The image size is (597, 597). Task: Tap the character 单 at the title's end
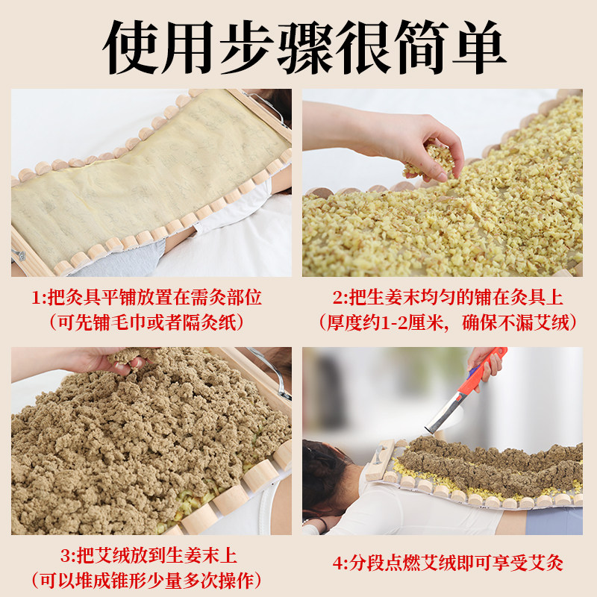479,47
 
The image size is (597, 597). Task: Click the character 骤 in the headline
304,47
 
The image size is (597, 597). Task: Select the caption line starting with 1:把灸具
146,297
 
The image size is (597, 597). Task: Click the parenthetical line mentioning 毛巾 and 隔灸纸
146,323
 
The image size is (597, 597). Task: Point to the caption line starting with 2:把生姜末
448,297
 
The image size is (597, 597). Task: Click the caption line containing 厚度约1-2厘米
448,323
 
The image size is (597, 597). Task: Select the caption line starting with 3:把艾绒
149,555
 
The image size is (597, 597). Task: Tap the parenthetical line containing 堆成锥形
146,581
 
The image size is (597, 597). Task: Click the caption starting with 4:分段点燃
448,563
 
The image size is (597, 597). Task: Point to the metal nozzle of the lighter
442,415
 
